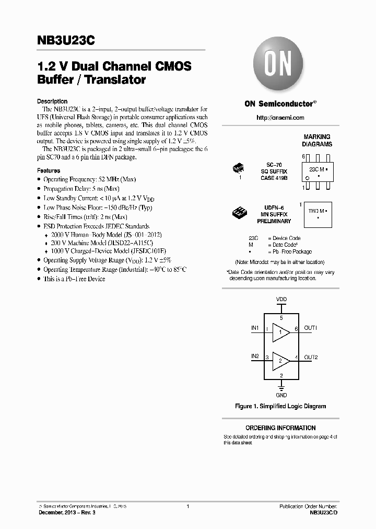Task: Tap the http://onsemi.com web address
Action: tap(280, 118)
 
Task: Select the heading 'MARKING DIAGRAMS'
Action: tap(317, 141)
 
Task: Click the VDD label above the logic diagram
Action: tap(281, 300)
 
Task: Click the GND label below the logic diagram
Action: tap(281, 396)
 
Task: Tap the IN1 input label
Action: tap(255, 328)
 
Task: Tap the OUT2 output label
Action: tap(311, 357)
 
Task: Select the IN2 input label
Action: tap(255, 356)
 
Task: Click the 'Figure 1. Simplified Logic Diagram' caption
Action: tap(280, 406)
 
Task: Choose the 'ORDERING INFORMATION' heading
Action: tap(280, 428)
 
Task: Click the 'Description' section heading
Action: tap(52, 101)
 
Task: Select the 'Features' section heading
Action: tap(49, 170)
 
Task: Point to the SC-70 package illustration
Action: tap(239, 169)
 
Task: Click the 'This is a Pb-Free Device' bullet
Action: tap(74, 279)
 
